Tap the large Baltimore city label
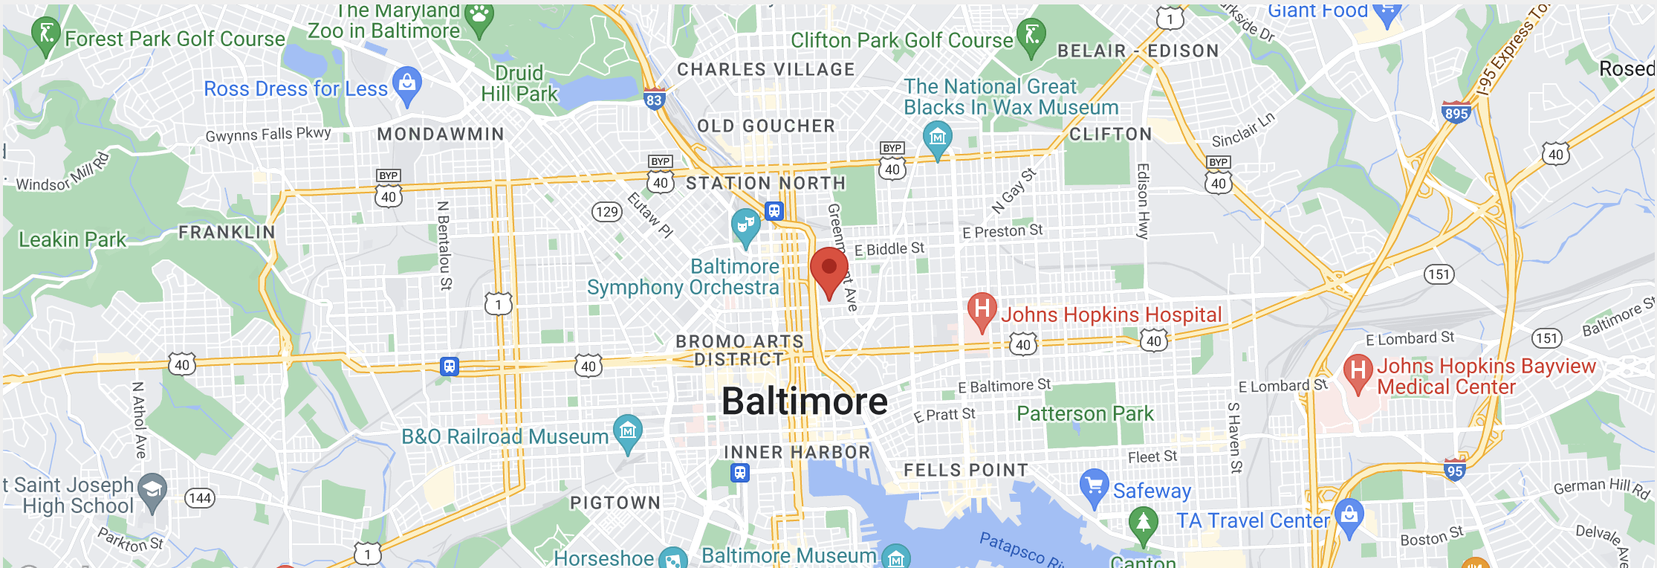[805, 401]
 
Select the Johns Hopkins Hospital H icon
[982, 309]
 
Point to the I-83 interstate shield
[654, 100]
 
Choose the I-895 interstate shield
[1456, 113]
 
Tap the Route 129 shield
[606, 212]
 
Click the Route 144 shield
[200, 498]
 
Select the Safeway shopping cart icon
[1094, 485]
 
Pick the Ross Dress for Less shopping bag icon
[407, 83]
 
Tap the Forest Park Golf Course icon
[46, 33]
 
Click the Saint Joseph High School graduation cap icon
[152, 491]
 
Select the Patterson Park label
[1085, 413]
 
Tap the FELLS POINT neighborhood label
[966, 470]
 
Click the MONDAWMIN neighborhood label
[441, 135]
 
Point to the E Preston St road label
[1002, 231]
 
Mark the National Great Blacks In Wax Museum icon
[937, 138]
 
